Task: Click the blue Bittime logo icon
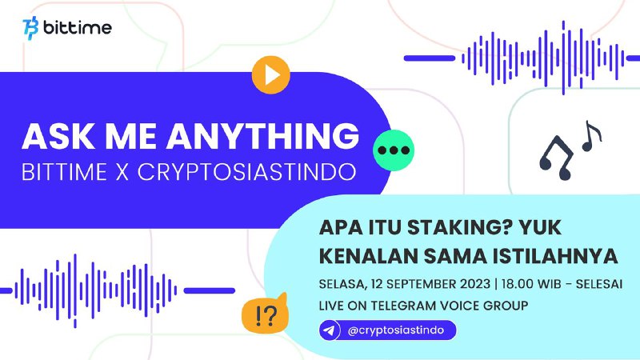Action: [x=30, y=28]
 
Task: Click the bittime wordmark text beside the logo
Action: [x=77, y=28]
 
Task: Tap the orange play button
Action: [x=270, y=75]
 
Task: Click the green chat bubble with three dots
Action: [x=394, y=150]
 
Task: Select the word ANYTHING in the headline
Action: [x=262, y=136]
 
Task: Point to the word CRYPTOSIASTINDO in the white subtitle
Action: [x=246, y=172]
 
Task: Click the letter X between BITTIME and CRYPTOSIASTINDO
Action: [x=122, y=172]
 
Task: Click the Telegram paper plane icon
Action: [x=330, y=330]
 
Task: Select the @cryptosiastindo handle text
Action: [x=395, y=330]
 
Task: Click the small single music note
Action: [x=591, y=136]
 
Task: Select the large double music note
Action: [x=556, y=158]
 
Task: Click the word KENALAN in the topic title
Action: [x=368, y=256]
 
